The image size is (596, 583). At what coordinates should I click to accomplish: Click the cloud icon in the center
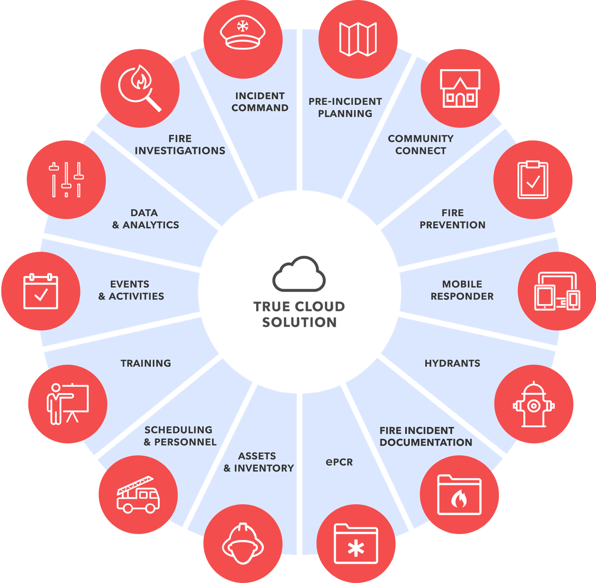point(299,274)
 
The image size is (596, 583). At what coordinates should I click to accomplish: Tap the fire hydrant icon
point(534,404)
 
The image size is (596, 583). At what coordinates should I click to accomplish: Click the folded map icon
point(358,39)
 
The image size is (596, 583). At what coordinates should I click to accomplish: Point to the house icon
point(460,88)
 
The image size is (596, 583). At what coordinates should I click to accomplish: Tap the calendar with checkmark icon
point(41,291)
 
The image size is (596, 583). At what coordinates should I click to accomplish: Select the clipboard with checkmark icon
point(533,180)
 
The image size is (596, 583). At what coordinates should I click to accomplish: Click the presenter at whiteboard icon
point(67,404)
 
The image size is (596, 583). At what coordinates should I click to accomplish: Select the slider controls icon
point(66,180)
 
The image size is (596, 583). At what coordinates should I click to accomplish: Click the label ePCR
point(339,462)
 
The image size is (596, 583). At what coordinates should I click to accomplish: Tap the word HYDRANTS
point(452,363)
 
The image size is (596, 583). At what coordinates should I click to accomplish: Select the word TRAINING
point(146,363)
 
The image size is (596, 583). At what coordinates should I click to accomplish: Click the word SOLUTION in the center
point(299,322)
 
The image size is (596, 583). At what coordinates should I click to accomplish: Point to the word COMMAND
point(260,108)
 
